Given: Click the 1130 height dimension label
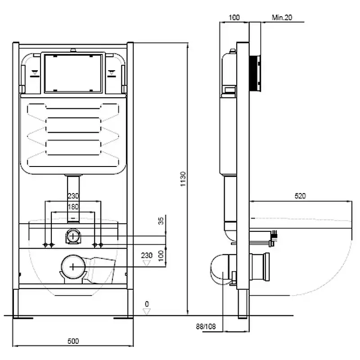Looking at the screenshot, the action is (183, 179).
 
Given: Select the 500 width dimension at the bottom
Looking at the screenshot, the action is (73, 341).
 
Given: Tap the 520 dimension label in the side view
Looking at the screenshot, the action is (300, 196).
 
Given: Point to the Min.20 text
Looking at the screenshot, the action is (282, 18).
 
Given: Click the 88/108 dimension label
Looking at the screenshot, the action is (206, 327).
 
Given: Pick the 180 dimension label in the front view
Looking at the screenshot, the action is (73, 207).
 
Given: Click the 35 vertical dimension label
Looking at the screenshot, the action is (161, 220).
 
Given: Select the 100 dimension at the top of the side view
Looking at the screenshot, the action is (234, 18).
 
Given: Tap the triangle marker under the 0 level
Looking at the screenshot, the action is (147, 311).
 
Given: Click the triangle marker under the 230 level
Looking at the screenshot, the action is (147, 263).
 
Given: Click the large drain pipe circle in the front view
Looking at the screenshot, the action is (73, 267).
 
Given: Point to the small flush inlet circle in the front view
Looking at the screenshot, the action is (73, 236).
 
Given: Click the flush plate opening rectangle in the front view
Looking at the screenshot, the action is (73, 73).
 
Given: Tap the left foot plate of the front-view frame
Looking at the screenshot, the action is (23, 318).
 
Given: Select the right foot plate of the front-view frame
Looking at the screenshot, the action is (123, 318).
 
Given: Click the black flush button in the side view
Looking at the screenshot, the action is (255, 73).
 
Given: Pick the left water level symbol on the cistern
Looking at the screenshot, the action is (35, 73).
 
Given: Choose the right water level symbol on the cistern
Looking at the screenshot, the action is (112, 73).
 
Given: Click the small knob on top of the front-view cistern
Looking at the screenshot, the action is (73, 50).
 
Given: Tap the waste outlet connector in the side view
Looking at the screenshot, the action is (260, 267).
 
